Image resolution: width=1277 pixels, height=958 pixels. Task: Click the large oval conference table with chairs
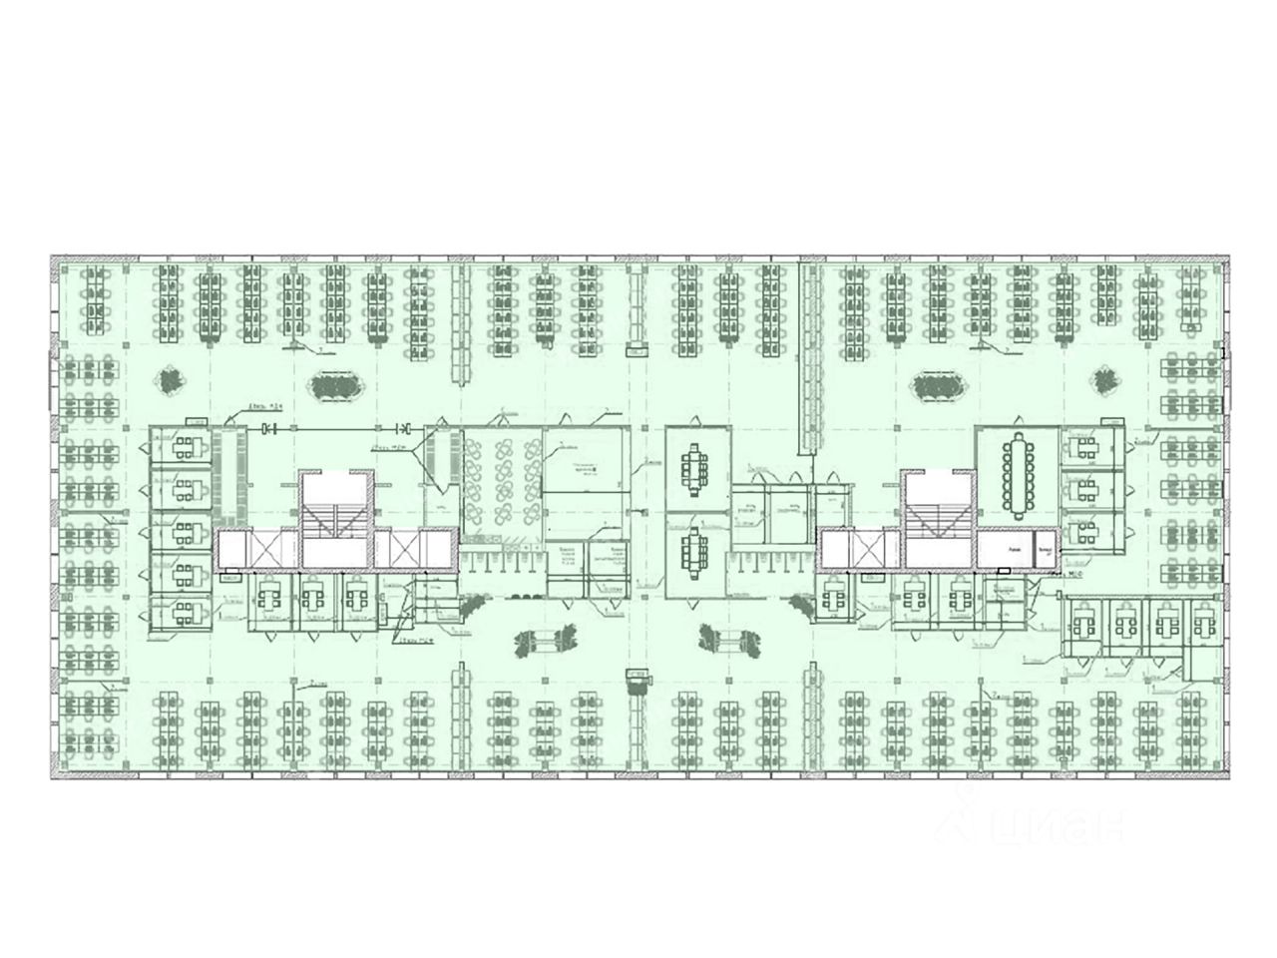[x=1019, y=476]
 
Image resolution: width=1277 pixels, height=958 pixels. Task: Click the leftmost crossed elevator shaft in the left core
[x=270, y=546]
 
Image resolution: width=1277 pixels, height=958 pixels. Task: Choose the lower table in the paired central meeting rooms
[x=694, y=552]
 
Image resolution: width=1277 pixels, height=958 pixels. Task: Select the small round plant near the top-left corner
[x=171, y=380]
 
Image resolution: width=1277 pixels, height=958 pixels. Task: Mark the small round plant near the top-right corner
[x=1104, y=380]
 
